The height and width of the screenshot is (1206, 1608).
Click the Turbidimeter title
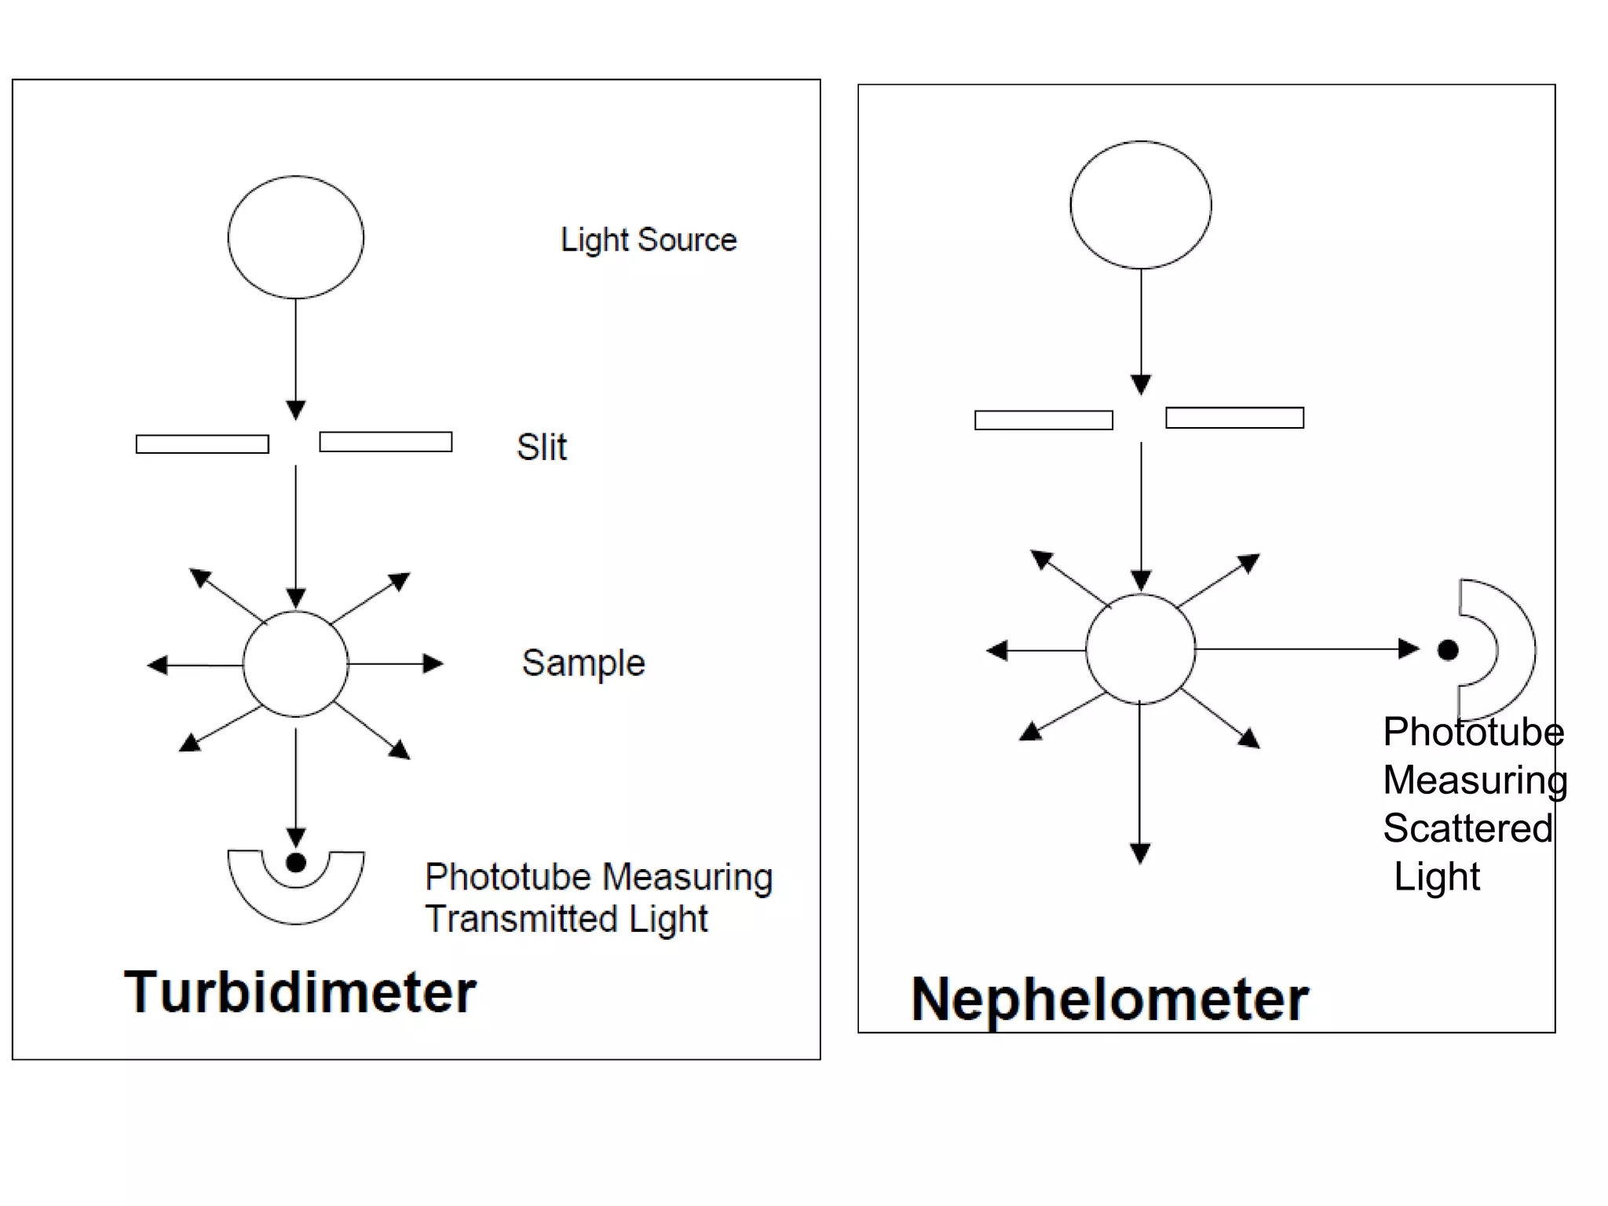(x=300, y=992)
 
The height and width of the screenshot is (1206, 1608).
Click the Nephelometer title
(x=1109, y=1000)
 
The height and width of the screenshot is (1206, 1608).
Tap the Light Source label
(x=649, y=239)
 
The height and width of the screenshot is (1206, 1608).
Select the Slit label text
(x=542, y=447)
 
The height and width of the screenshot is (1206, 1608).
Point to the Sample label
(x=583, y=663)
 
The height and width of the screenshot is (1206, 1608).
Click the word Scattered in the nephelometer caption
(x=1467, y=828)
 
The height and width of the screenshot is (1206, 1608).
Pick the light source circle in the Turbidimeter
(x=296, y=237)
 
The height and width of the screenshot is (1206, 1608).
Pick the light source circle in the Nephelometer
(x=1140, y=205)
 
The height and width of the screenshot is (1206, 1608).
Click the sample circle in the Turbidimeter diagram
(x=296, y=664)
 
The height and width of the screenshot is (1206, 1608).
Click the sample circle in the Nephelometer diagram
(x=1140, y=649)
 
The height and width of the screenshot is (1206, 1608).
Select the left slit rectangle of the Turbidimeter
(x=203, y=444)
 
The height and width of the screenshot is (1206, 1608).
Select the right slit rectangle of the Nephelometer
(x=1234, y=418)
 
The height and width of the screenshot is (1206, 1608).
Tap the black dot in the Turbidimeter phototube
(x=296, y=863)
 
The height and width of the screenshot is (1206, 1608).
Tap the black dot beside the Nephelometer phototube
(x=1448, y=650)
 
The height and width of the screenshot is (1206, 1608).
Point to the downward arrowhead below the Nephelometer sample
(x=1140, y=853)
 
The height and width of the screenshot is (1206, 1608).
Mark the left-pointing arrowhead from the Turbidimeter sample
(x=158, y=665)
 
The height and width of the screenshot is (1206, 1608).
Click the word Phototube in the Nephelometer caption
(x=1473, y=732)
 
